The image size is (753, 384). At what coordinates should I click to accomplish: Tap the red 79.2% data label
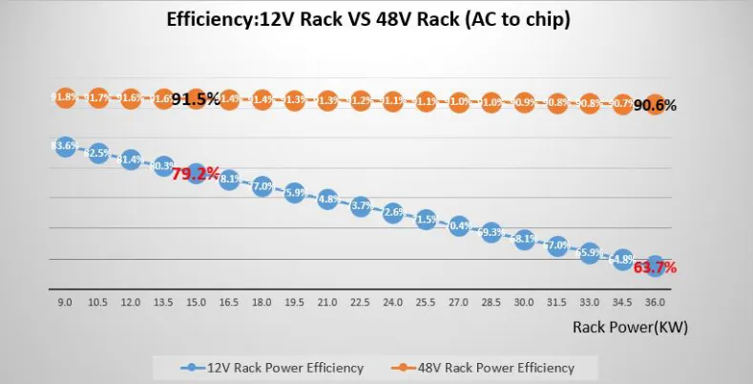(x=197, y=175)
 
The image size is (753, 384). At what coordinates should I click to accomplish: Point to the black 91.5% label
(x=197, y=98)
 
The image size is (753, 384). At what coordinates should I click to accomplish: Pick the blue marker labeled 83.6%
(x=65, y=146)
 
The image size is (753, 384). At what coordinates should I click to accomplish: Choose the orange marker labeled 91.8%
(x=65, y=96)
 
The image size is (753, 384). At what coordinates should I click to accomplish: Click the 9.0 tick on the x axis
(x=65, y=301)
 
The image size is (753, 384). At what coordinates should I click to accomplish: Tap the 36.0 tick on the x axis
(x=655, y=301)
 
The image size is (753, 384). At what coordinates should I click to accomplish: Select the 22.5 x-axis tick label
(x=360, y=301)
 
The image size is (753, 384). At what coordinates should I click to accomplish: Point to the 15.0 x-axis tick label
(x=196, y=301)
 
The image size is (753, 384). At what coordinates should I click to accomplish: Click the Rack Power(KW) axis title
(x=630, y=326)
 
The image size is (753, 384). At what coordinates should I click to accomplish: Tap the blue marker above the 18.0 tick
(x=261, y=187)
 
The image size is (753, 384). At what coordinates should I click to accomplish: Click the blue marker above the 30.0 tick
(x=524, y=239)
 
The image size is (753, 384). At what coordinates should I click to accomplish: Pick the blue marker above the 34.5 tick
(x=621, y=260)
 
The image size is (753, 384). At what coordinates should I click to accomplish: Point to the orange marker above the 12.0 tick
(x=131, y=97)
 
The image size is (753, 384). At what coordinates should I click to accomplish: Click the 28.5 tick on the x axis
(x=491, y=301)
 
